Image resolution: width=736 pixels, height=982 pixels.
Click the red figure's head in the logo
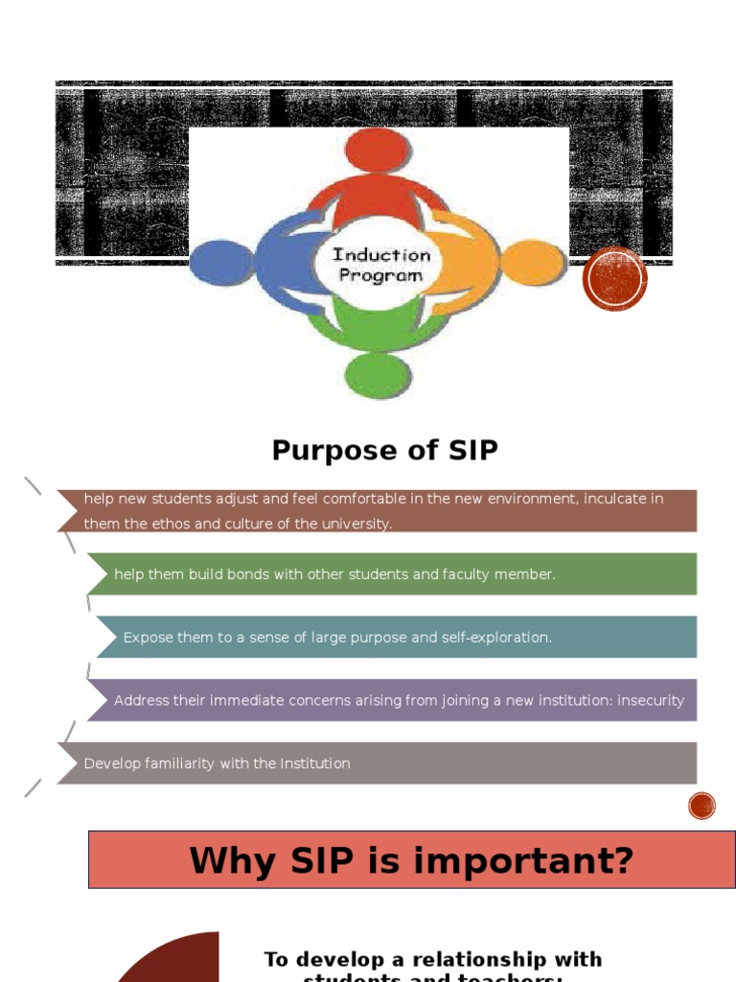378,152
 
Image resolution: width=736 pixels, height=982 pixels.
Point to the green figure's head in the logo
378,375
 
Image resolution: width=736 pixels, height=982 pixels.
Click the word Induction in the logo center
381,255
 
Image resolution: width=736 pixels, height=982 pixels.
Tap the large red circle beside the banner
615,279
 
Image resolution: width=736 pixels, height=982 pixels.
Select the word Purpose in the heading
320,450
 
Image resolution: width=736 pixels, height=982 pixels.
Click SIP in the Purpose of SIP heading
471,450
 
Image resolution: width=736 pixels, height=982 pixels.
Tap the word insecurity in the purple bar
651,701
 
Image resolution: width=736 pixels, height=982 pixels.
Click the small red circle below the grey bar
702,807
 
